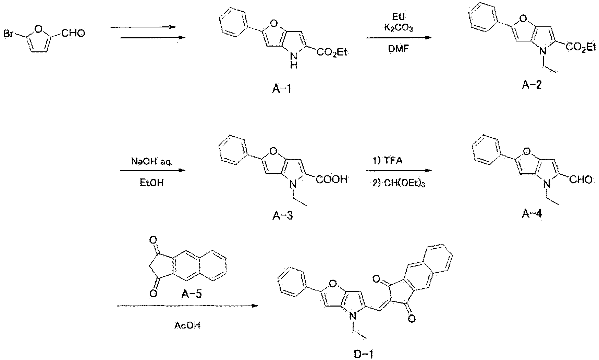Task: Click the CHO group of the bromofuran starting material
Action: [x=73, y=34]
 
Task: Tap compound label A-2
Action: [x=532, y=85]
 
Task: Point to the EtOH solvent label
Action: [x=152, y=183]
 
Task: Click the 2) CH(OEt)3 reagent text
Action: [x=399, y=184]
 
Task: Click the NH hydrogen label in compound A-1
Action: [x=294, y=66]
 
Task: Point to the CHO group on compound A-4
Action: [x=581, y=179]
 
